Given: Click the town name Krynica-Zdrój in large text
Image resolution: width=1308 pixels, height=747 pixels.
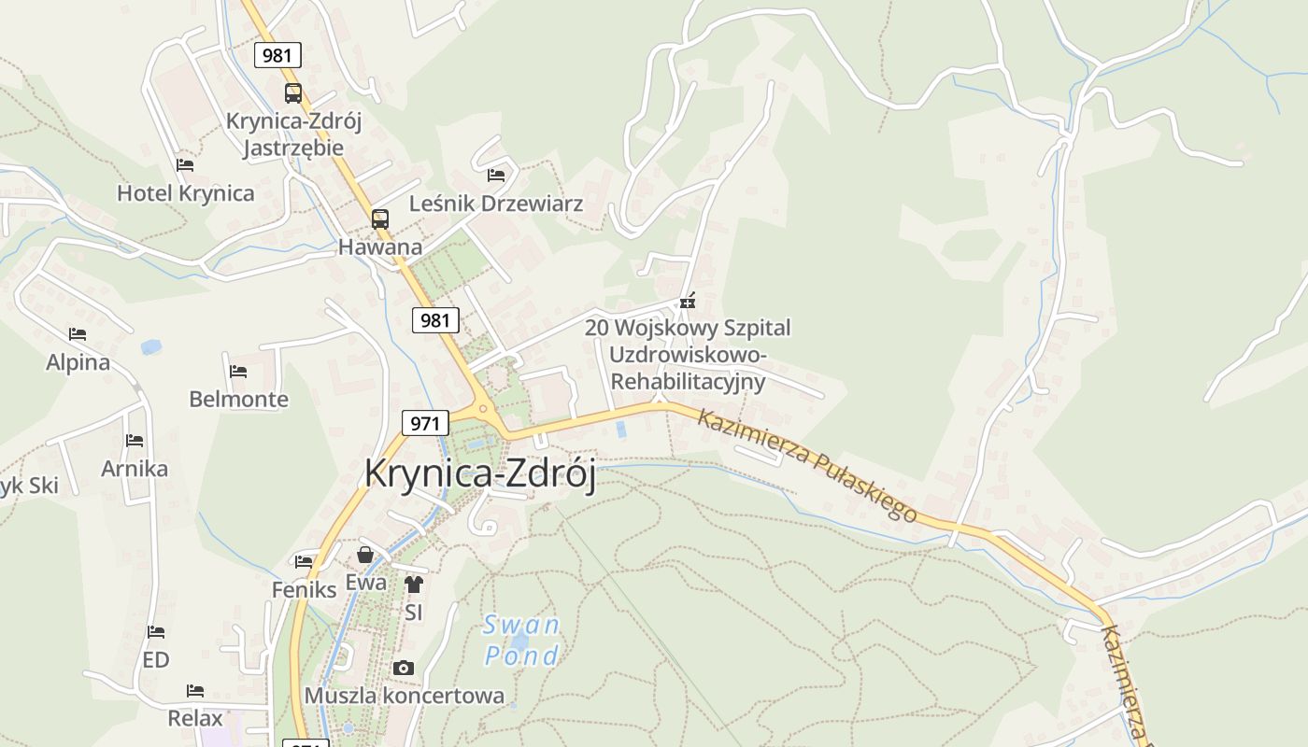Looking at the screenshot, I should click(479, 473).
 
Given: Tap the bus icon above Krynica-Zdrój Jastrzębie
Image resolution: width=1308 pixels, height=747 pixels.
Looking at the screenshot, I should click(293, 93).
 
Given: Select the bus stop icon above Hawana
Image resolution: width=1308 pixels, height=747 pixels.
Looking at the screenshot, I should click(379, 219).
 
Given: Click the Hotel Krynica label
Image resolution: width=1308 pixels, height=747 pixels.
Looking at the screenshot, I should click(185, 193).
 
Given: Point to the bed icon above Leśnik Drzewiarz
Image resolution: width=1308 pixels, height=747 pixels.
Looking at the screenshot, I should click(496, 175).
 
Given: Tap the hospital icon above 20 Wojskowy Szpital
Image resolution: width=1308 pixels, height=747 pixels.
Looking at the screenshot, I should click(688, 302).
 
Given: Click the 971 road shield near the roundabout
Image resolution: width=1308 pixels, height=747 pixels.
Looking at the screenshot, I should click(424, 423).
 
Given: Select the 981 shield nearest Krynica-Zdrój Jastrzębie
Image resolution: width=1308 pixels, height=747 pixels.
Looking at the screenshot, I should click(277, 55).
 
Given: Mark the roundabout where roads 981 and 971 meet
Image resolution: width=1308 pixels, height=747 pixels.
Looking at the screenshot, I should click(483, 408).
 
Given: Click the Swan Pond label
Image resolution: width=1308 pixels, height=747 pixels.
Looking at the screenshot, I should click(522, 640).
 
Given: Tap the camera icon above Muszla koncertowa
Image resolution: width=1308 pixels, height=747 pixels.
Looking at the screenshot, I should click(404, 668).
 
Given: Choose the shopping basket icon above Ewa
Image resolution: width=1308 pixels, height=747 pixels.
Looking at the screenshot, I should click(365, 556).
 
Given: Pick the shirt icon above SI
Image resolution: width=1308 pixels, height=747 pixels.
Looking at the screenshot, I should click(414, 585).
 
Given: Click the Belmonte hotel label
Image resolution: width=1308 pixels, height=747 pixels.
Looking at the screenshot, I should click(238, 400).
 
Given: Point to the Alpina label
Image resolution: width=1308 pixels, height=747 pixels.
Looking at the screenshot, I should click(78, 362).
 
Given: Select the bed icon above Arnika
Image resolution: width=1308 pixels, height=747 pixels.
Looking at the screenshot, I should click(135, 440).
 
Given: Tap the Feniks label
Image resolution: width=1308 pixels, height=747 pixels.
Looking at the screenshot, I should click(304, 590).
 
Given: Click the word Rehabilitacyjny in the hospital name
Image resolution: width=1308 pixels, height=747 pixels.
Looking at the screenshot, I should click(688, 381).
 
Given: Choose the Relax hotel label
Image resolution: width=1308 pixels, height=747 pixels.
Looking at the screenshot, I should click(195, 718).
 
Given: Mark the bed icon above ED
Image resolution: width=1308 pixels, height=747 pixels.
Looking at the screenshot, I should click(156, 632).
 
